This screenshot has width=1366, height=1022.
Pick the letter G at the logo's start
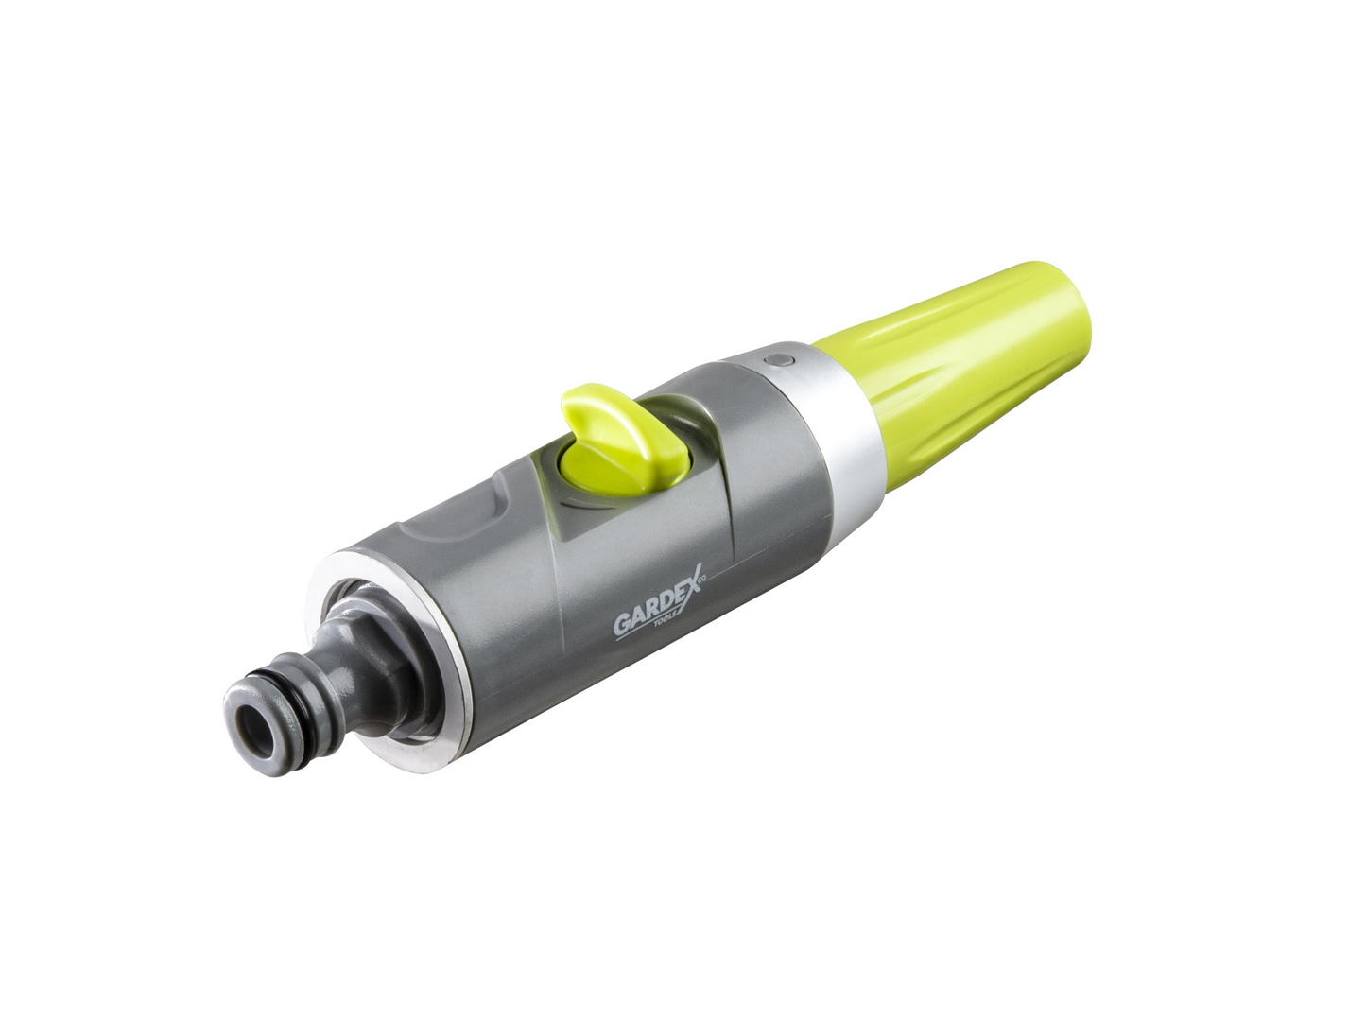point(623,626)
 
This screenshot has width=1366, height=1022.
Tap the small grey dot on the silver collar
point(780,360)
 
